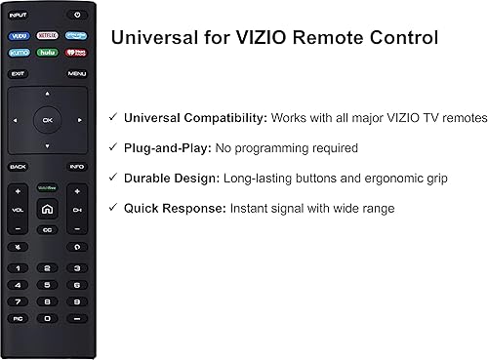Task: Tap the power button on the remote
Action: [x=76, y=15]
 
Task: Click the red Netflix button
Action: [x=47, y=35]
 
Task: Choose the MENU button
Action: [x=76, y=73]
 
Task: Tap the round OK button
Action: [x=47, y=120]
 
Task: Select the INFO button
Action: [x=76, y=167]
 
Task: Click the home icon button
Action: [x=47, y=208]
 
